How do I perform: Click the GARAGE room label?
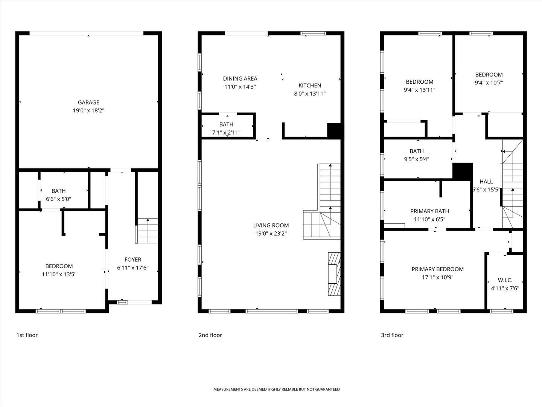pos(88,102)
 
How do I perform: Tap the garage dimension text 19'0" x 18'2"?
pos(88,110)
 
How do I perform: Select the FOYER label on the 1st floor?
pos(133,260)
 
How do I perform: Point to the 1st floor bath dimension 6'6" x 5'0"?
pos(58,199)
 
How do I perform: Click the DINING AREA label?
pos(240,79)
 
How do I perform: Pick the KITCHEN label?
pos(310,86)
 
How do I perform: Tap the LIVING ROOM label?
pos(271,225)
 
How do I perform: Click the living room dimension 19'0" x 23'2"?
pos(271,234)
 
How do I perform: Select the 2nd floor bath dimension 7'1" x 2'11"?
pos(226,133)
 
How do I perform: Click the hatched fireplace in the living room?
pos(334,274)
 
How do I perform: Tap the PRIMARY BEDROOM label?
pos(437,269)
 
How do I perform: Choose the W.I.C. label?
pos(505,280)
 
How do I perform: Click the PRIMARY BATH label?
pos(430,211)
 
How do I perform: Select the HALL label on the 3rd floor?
pos(486,182)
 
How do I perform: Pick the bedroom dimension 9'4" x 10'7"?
pos(489,83)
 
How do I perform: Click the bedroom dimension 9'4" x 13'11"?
pos(420,90)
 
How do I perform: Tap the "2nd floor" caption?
pos(210,335)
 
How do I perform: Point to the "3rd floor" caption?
pos(392,335)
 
